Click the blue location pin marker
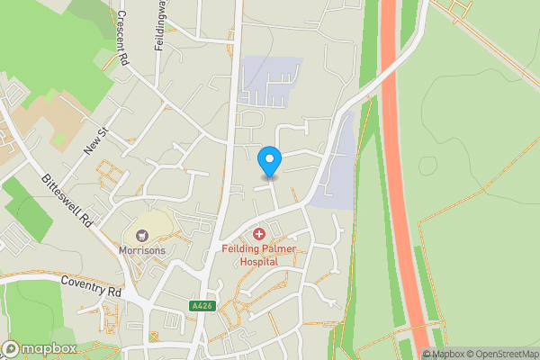269,161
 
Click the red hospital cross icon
259,234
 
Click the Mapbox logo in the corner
40,348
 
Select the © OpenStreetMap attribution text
502,354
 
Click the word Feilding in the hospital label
240,247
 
